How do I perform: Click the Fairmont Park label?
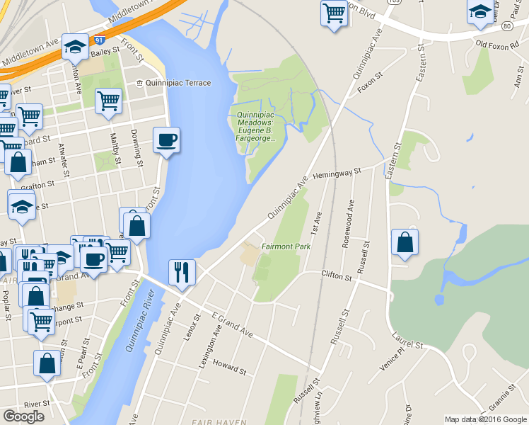click(x=286, y=246)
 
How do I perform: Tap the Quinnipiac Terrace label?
click(x=173, y=83)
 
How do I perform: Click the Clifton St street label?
click(x=336, y=277)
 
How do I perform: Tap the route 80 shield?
click(x=507, y=26)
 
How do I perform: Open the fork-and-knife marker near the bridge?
click(x=182, y=272)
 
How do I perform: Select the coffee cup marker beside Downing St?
click(x=166, y=139)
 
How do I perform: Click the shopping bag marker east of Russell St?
click(x=405, y=242)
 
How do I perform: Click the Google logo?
click(x=23, y=416)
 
